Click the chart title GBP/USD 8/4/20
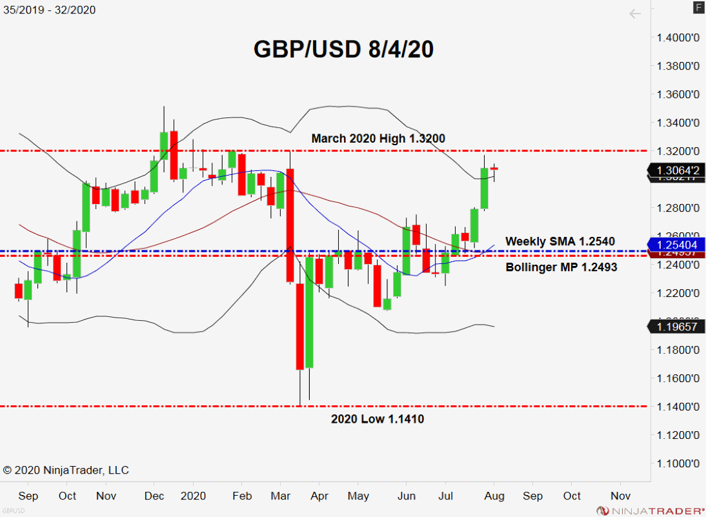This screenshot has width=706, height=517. (x=343, y=50)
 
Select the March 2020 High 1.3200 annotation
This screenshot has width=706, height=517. (x=378, y=138)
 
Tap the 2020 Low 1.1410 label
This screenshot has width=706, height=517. (x=378, y=419)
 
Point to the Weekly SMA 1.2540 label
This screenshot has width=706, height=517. (x=560, y=241)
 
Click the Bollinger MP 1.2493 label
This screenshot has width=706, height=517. (x=561, y=267)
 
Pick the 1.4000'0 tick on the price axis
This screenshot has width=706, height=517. (x=678, y=37)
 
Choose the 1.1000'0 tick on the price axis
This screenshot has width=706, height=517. (x=678, y=463)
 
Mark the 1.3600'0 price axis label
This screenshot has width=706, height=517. (x=678, y=94)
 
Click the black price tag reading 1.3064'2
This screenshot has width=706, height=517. (x=676, y=170)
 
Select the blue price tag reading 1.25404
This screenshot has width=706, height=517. (x=677, y=245)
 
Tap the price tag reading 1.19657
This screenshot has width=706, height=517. (x=677, y=327)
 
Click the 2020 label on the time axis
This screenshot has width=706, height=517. (x=193, y=496)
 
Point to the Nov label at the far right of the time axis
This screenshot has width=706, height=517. (x=620, y=496)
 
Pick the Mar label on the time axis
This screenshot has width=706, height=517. (x=281, y=496)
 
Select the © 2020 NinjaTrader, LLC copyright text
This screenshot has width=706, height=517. (x=65, y=470)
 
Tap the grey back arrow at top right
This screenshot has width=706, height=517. (x=635, y=14)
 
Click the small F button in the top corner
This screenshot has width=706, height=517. (x=698, y=7)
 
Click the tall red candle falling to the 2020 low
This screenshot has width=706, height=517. (x=299, y=326)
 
